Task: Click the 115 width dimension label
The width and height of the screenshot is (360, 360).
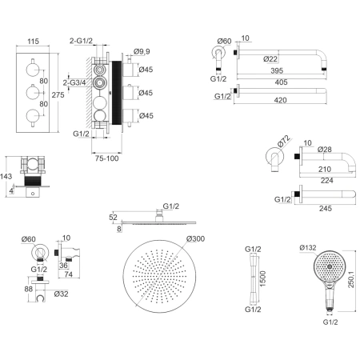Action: (x=33, y=42)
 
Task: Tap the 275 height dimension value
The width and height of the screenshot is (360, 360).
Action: (x=58, y=95)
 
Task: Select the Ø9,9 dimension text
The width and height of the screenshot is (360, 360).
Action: (x=142, y=51)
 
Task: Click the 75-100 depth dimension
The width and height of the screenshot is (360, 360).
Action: (x=106, y=158)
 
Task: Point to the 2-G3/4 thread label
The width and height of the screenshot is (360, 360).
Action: (x=74, y=82)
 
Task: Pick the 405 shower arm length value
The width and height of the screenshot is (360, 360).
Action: (x=281, y=82)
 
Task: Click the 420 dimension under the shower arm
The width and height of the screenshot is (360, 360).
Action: (x=280, y=100)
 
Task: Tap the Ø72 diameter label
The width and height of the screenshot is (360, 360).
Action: (x=283, y=141)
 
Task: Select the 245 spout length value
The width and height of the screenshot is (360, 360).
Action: (x=326, y=208)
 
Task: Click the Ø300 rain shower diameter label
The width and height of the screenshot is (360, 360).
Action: (x=195, y=238)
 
